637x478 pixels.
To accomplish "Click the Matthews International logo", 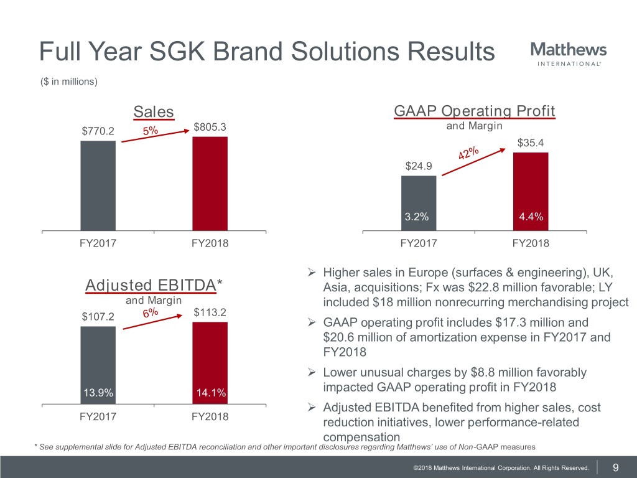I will tap(568, 54).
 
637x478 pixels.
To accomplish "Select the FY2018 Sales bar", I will tap(210, 183).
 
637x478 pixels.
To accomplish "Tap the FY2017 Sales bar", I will tap(98, 185).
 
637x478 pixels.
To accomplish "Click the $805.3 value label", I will tap(210, 128).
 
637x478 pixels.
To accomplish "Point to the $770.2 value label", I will tap(98, 131).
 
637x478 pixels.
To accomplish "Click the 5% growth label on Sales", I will tap(150, 131).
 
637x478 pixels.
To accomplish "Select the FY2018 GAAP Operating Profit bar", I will tap(530, 191).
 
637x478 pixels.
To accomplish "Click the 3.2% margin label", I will tap(418, 217).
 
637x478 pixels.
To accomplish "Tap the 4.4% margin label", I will tap(531, 217).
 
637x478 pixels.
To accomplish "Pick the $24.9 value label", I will tap(418, 166).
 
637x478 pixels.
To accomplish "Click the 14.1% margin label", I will tap(210, 393).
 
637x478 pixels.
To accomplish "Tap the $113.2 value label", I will tap(210, 312).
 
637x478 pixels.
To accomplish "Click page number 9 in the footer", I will tap(615, 467).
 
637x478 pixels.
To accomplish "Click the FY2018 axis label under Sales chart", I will tap(210, 243).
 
